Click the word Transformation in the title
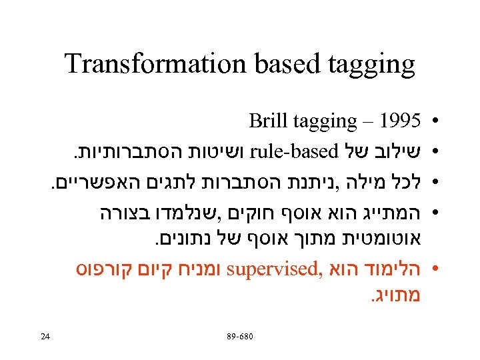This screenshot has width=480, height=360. point(155,64)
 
